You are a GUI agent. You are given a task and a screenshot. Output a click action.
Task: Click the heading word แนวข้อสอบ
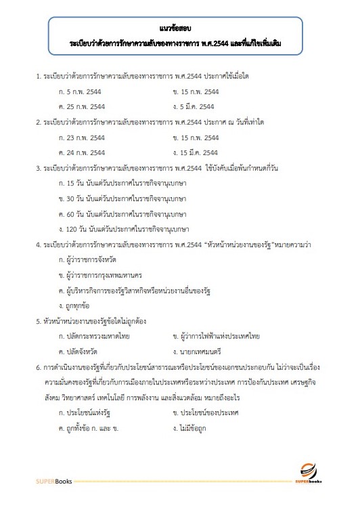[x=179, y=28]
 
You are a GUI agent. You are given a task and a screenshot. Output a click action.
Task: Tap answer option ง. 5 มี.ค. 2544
[x=194, y=106]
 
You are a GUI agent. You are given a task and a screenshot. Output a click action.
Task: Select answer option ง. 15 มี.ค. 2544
[x=195, y=152]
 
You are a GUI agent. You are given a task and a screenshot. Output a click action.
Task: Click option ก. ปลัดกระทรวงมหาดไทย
[x=94, y=336]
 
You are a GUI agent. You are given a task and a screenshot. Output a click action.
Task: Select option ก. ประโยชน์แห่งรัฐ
[x=87, y=412]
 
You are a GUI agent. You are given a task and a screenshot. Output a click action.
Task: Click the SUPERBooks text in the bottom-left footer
[x=51, y=482]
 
